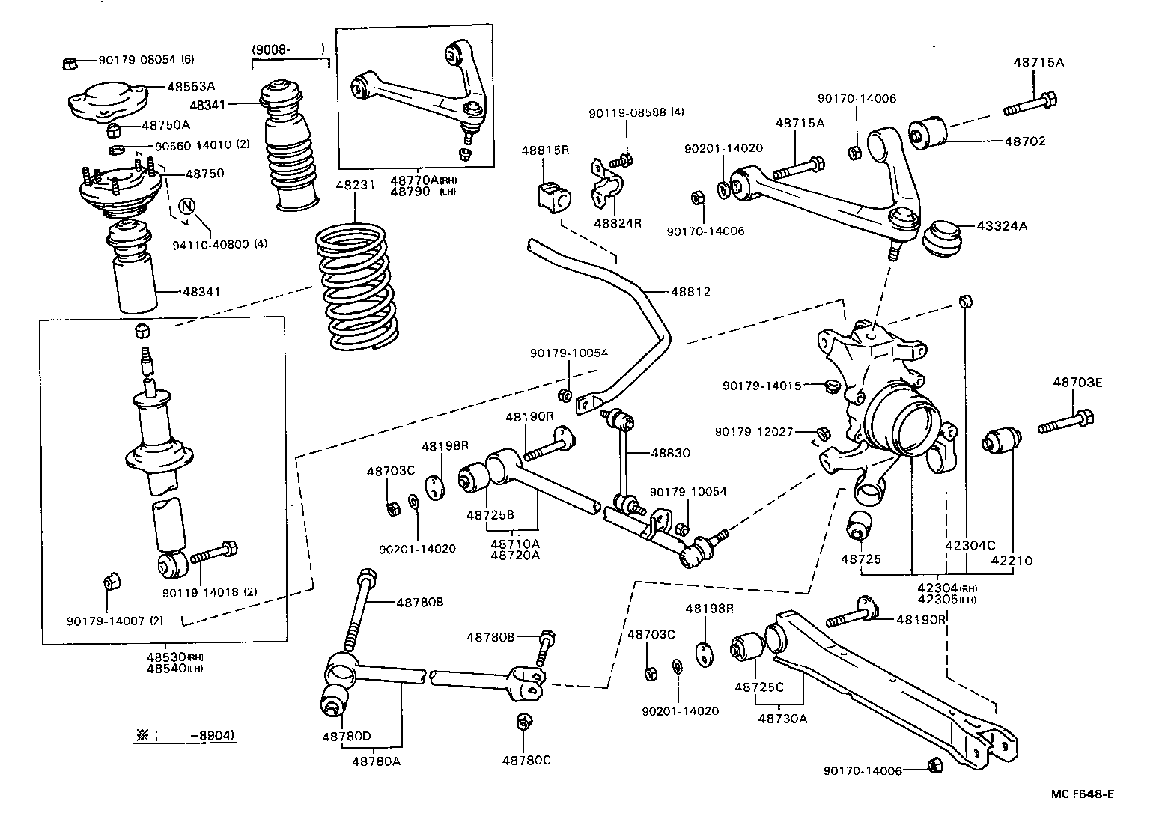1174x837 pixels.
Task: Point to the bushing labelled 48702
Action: [928, 132]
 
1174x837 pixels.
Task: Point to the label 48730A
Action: [782, 719]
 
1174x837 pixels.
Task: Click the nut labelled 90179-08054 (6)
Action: [67, 62]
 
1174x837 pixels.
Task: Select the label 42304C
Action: [970, 545]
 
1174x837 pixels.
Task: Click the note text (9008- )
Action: [288, 50]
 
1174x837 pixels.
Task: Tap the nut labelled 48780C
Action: [524, 723]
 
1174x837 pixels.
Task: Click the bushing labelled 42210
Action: [1001, 441]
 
